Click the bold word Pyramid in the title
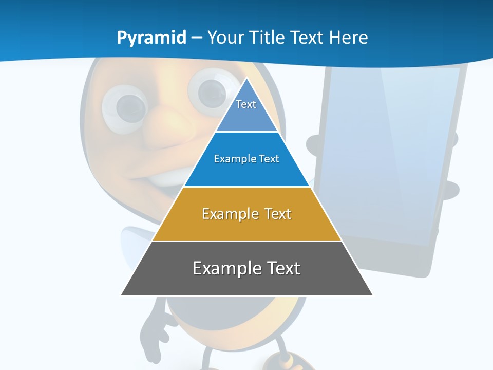tap(151, 38)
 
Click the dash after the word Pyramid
tap(197, 38)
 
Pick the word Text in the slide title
tap(306, 38)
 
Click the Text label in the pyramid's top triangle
tap(246, 104)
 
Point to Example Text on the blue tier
tap(246, 159)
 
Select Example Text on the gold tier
tap(246, 214)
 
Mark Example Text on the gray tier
tap(246, 268)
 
